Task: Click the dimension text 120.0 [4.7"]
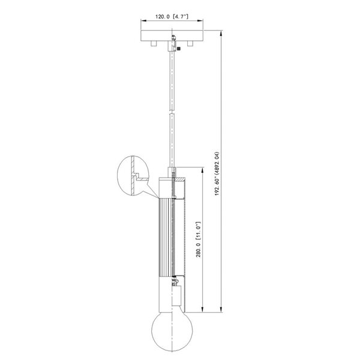coord(172,17)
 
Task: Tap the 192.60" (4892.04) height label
coord(217,173)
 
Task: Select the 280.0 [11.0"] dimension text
coord(199,239)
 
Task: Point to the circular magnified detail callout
coord(133,176)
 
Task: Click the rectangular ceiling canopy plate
coord(172,35)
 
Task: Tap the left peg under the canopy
coord(154,44)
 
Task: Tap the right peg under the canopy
coord(190,44)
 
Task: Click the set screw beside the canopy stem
coord(179,49)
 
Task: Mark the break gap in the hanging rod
coord(172,112)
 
